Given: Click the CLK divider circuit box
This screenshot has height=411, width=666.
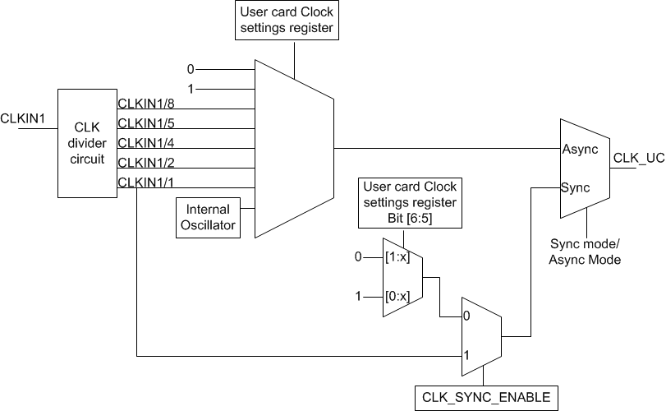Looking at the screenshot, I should coord(87,143).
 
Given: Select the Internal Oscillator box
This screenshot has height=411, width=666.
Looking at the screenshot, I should coord(209,217).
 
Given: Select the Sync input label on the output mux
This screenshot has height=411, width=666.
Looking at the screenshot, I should coord(576,187).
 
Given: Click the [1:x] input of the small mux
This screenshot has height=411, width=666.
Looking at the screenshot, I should coord(397,258).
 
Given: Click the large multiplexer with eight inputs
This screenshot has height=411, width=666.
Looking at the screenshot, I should coord(294,148).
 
